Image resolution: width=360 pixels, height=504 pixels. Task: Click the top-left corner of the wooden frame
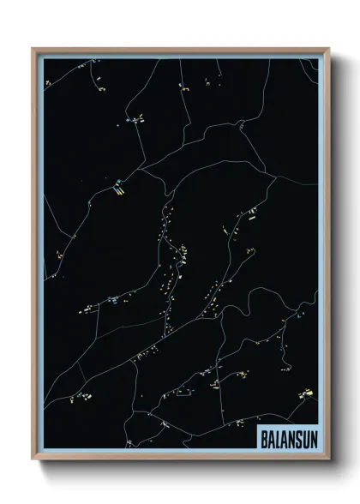(x=33, y=49)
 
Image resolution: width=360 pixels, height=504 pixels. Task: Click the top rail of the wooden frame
(x=180, y=49)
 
